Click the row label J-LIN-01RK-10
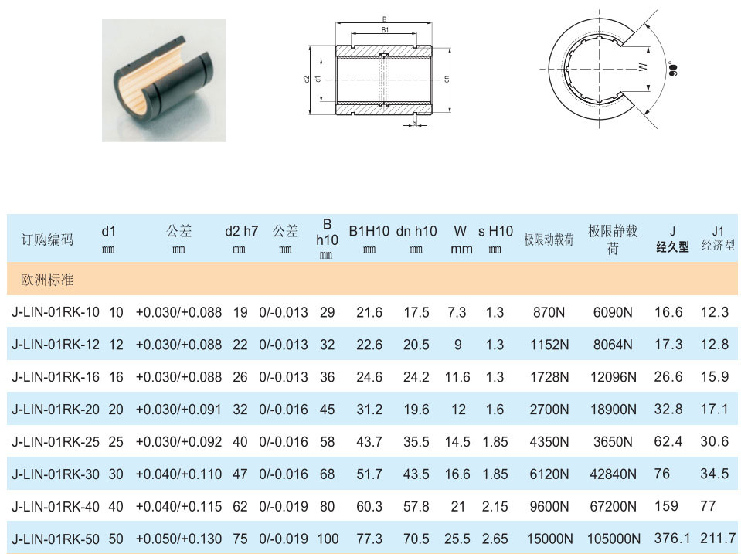pyautogui.click(x=56, y=312)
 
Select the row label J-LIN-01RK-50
pyautogui.click(x=56, y=539)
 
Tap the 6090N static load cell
pyautogui.click(x=613, y=312)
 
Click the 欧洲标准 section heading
pyautogui.click(x=47, y=280)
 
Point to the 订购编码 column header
pyautogui.click(x=47, y=240)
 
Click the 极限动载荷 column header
pyautogui.click(x=549, y=240)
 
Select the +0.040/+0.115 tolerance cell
pyautogui.click(x=178, y=506)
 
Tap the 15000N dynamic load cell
pyautogui.click(x=549, y=539)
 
